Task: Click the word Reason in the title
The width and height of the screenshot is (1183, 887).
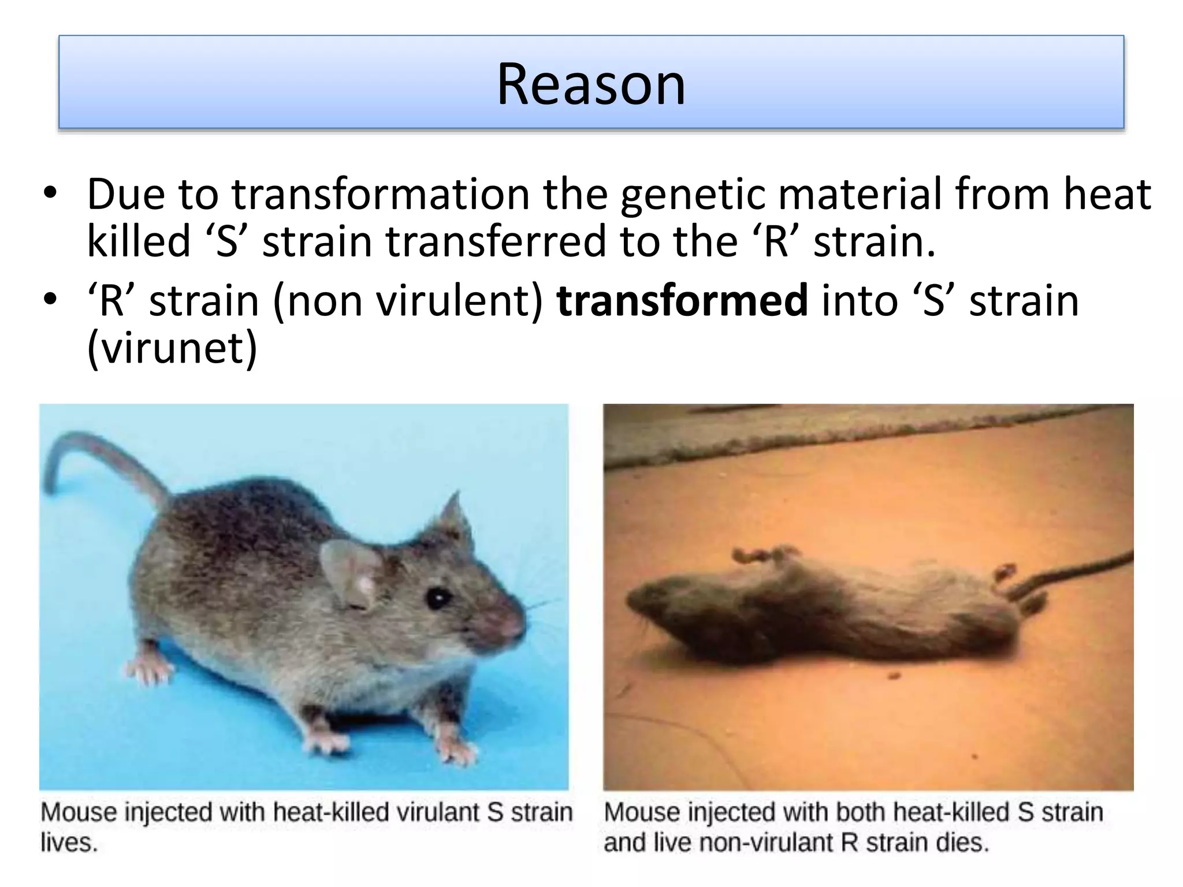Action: [x=591, y=84]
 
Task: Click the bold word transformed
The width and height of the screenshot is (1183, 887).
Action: [x=682, y=301]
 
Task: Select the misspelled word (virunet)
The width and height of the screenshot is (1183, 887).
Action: [x=172, y=348]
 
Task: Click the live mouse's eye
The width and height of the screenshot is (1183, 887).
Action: [x=437, y=598]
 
